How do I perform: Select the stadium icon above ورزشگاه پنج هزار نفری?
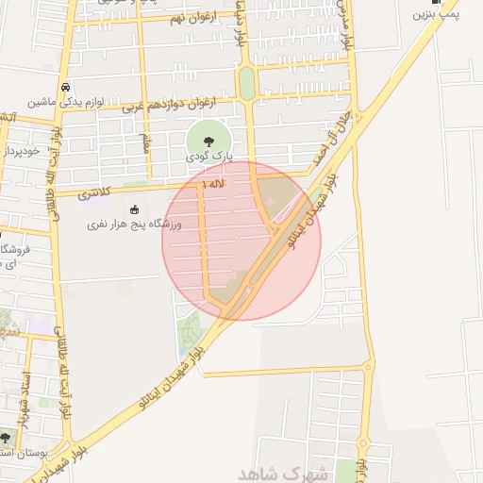(133, 209)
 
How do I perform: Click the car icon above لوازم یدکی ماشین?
(64, 88)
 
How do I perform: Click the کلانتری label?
(92, 193)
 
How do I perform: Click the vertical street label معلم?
(144, 143)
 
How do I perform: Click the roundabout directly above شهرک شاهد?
(369, 366)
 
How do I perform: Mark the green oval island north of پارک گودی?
(246, 84)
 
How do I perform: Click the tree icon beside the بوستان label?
(8, 439)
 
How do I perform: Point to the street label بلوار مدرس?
(348, 28)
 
